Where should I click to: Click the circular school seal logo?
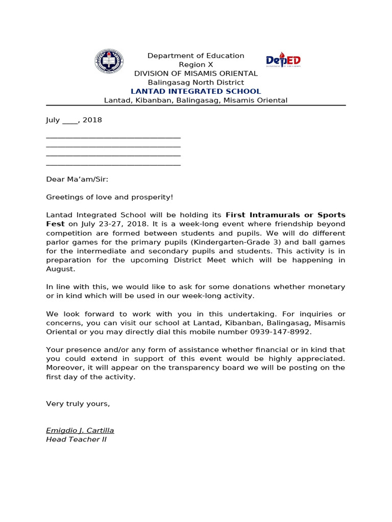pyautogui.click(x=109, y=61)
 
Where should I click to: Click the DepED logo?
pyautogui.click(x=283, y=61)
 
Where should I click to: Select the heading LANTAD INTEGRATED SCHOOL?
pyautogui.click(x=195, y=91)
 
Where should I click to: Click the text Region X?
pyautogui.click(x=195, y=65)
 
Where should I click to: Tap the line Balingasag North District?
pyautogui.click(x=195, y=83)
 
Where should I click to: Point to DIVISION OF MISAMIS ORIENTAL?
pyautogui.click(x=195, y=73)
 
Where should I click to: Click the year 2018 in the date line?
pyautogui.click(x=92, y=120)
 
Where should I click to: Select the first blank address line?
pyautogui.click(x=113, y=137)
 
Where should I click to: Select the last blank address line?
pyautogui.click(x=113, y=165)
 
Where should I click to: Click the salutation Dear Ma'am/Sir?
pyautogui.click(x=77, y=179)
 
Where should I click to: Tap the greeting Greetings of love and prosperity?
pyautogui.click(x=110, y=197)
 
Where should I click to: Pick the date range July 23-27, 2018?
pyautogui.click(x=107, y=224)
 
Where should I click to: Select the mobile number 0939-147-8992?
pyautogui.click(x=280, y=332)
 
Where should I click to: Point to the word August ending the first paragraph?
pyautogui.click(x=60, y=269)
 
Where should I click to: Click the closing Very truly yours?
pyautogui.click(x=78, y=404)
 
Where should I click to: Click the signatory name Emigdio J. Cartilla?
pyautogui.click(x=80, y=431)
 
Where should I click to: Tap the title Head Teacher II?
pyautogui.click(x=76, y=439)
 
